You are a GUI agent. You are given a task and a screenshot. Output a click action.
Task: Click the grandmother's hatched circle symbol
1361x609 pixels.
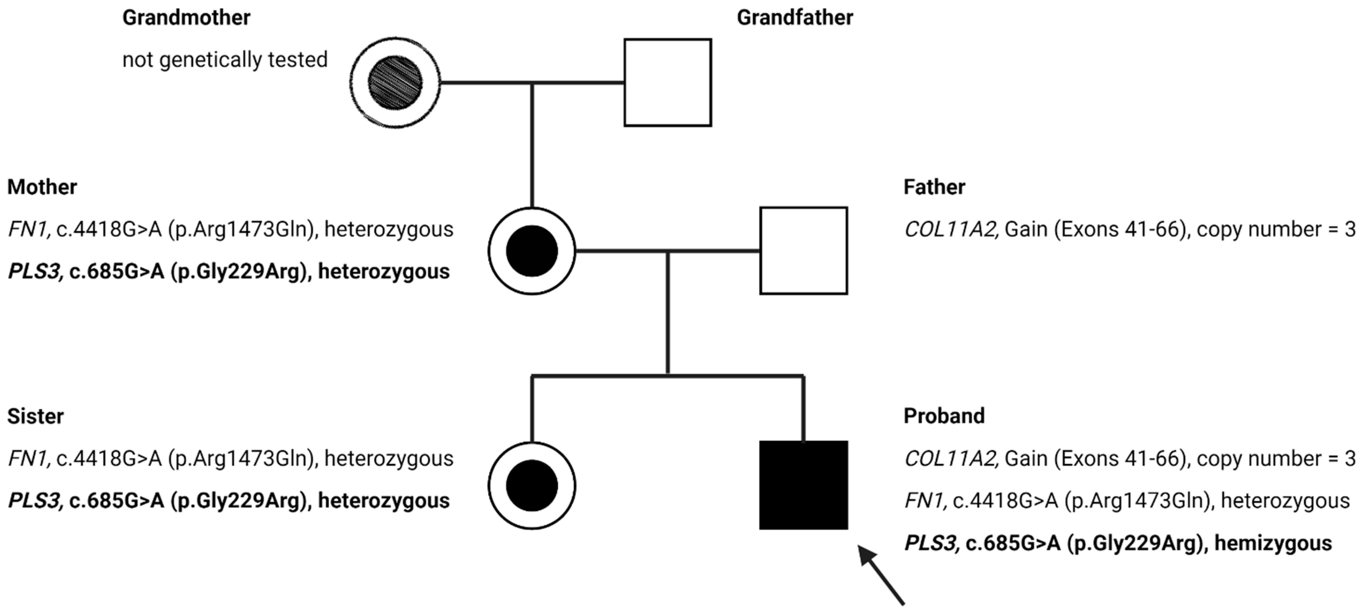(x=395, y=82)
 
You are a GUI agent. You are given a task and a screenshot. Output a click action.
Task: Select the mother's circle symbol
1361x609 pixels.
(x=531, y=251)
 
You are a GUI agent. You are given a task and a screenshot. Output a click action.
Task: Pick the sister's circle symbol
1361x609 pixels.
(x=531, y=485)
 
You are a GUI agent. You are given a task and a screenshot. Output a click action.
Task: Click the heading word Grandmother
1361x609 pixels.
(x=186, y=18)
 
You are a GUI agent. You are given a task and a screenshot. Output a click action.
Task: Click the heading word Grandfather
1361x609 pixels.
(x=794, y=18)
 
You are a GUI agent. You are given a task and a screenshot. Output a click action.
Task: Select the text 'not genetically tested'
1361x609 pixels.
(x=225, y=60)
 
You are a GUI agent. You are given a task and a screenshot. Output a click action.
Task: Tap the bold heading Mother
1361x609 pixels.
(x=42, y=187)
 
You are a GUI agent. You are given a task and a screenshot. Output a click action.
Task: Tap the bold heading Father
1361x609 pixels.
(x=934, y=187)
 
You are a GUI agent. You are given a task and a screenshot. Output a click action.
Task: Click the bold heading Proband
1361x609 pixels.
(x=944, y=416)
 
